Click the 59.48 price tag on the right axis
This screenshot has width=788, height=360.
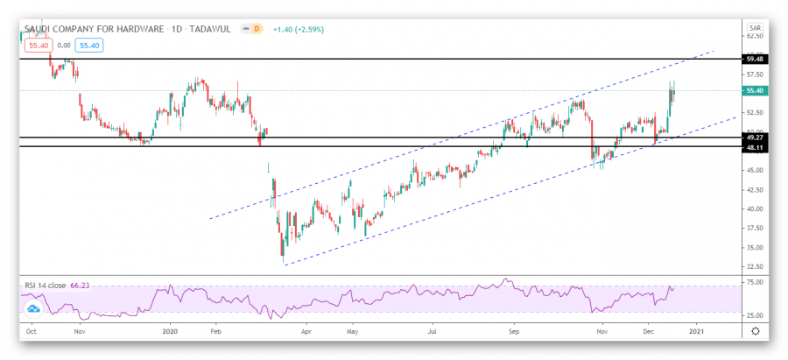click(x=753, y=59)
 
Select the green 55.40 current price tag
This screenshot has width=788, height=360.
click(x=753, y=90)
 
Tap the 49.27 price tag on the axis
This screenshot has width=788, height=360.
click(x=753, y=138)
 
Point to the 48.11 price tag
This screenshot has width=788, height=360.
click(x=753, y=147)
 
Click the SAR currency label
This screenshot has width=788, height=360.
click(x=754, y=28)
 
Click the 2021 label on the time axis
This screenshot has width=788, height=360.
click(x=696, y=332)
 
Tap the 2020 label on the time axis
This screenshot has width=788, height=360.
click(x=171, y=332)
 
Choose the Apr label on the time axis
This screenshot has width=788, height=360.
click(x=307, y=332)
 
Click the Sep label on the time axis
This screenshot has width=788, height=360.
click(x=516, y=332)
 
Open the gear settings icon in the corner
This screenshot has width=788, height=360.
click(x=755, y=332)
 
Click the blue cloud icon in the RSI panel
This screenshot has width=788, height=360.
click(x=34, y=309)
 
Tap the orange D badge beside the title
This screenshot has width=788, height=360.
click(x=257, y=29)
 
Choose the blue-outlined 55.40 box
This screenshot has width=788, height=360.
click(x=88, y=44)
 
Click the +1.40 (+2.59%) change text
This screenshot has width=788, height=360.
click(x=300, y=30)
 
